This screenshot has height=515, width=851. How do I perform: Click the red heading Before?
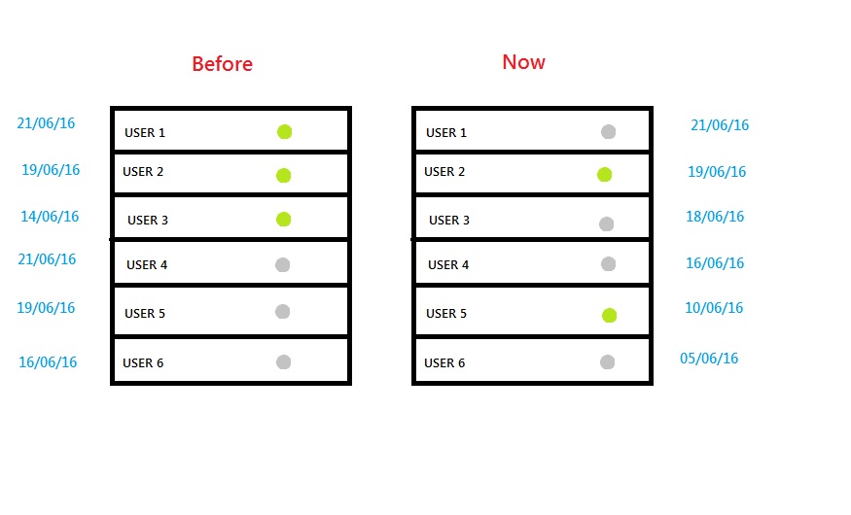(222, 64)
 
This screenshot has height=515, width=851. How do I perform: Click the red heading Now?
(524, 62)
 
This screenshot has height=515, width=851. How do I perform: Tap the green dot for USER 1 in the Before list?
(284, 132)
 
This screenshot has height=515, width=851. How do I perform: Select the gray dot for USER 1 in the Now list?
(609, 132)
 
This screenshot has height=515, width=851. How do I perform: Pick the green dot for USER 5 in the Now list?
(610, 315)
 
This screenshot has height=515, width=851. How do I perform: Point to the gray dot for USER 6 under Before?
(283, 362)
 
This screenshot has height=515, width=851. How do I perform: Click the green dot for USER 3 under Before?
(283, 219)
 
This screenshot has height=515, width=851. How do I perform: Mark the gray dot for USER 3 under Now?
(606, 223)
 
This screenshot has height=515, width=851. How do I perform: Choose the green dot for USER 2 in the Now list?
(605, 175)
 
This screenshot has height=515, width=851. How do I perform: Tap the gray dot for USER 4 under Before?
(282, 264)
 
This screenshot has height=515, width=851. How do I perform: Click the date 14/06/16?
(50, 217)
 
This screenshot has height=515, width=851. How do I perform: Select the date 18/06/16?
(715, 217)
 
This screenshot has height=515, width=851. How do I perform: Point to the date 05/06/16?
(709, 359)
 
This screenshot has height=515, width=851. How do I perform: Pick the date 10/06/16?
(714, 308)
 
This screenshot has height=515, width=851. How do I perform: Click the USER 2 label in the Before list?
(143, 172)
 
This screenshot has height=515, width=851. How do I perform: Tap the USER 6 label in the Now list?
(444, 363)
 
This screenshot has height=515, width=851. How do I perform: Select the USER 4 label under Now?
(448, 265)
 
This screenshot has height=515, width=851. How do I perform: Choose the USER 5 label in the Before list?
(145, 314)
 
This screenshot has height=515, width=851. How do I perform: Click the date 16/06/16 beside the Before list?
(48, 362)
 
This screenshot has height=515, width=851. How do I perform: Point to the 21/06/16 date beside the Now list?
(720, 125)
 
